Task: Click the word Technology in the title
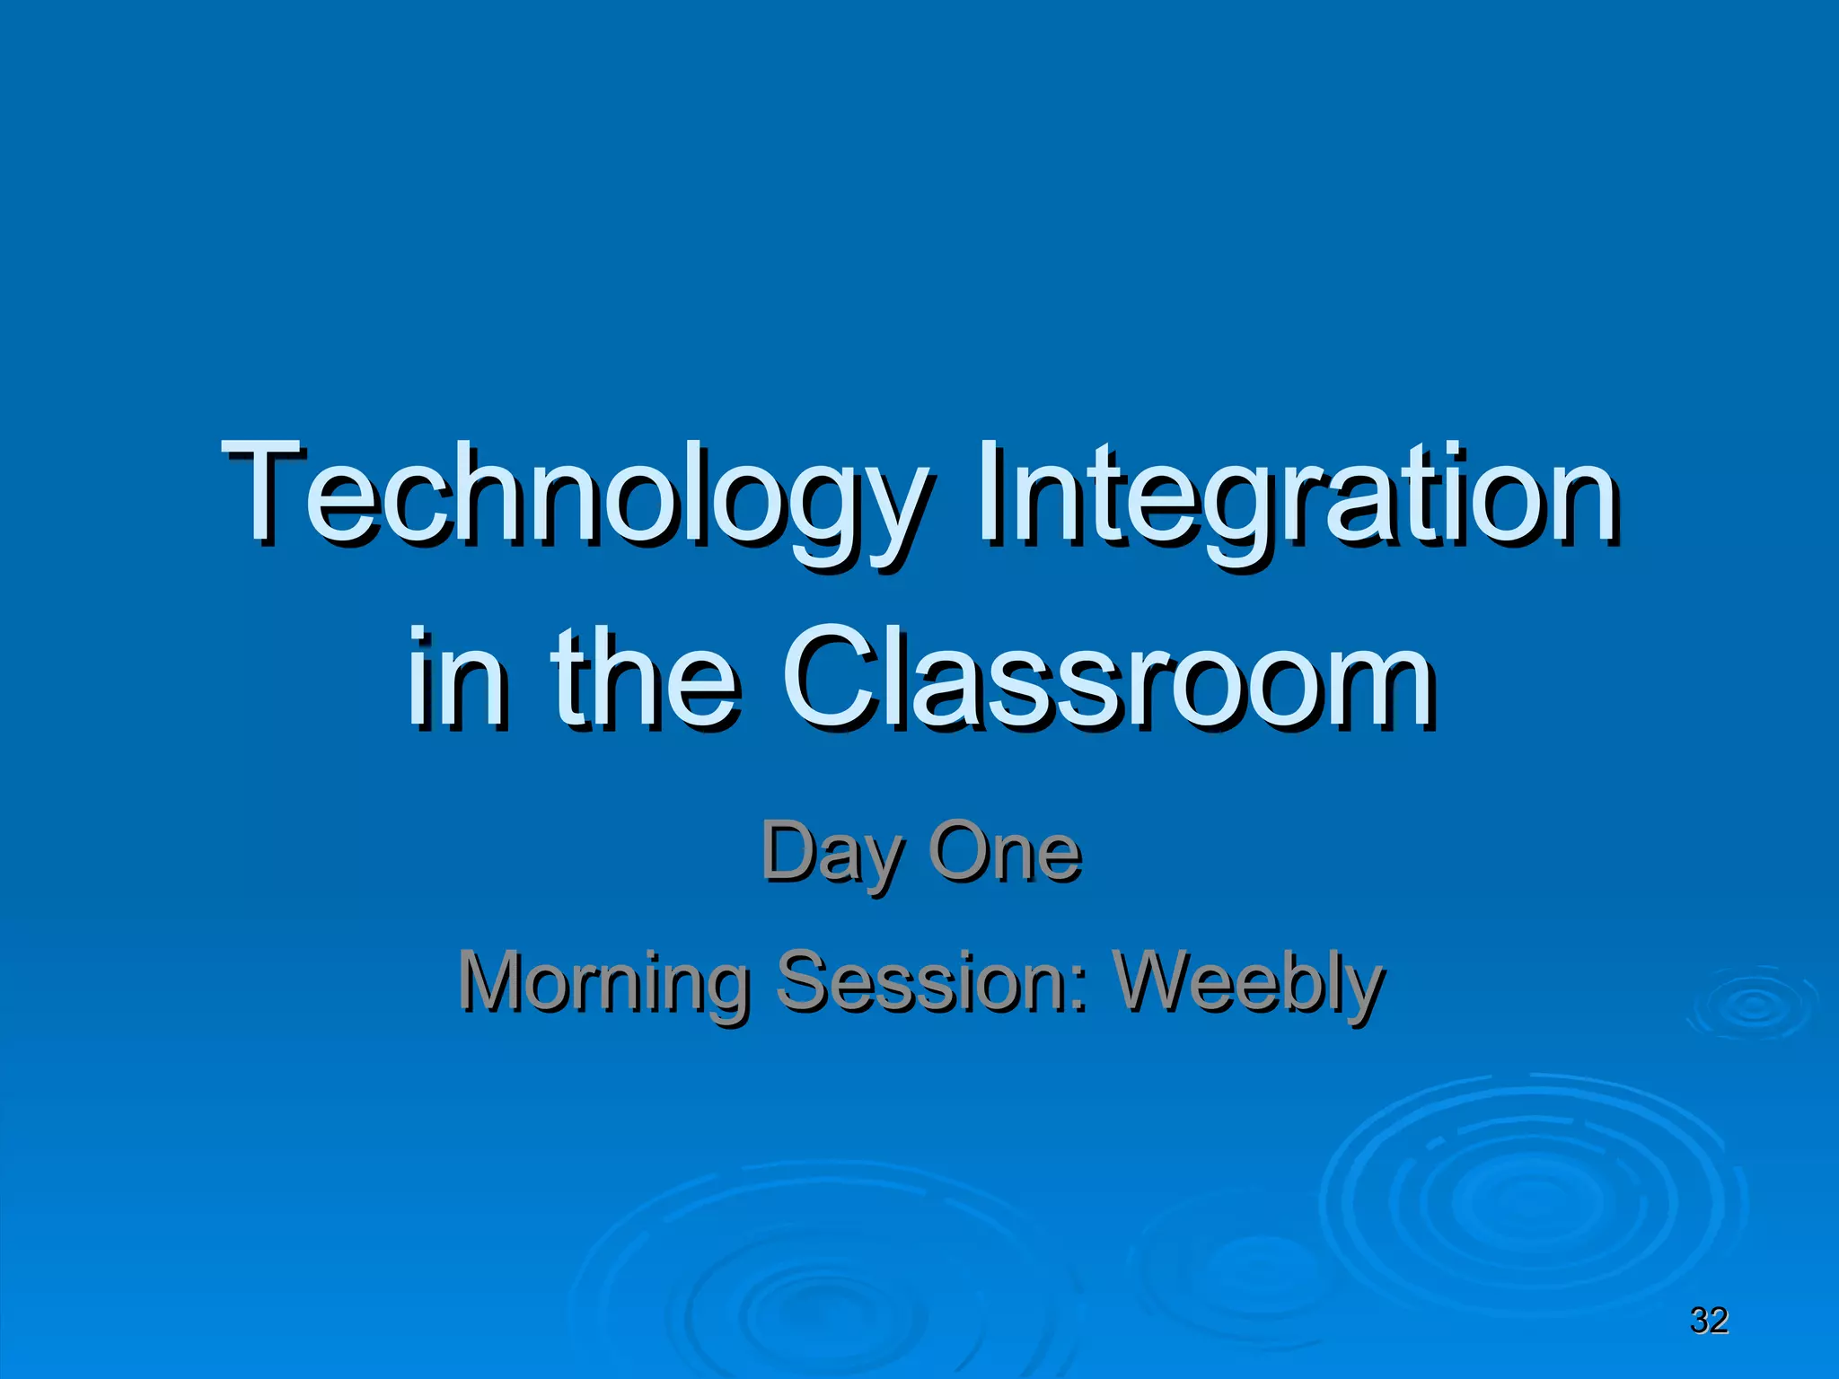pos(575,498)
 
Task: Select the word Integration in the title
pos(1298,498)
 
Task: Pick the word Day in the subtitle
pos(832,853)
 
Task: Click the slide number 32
pos(1709,1320)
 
